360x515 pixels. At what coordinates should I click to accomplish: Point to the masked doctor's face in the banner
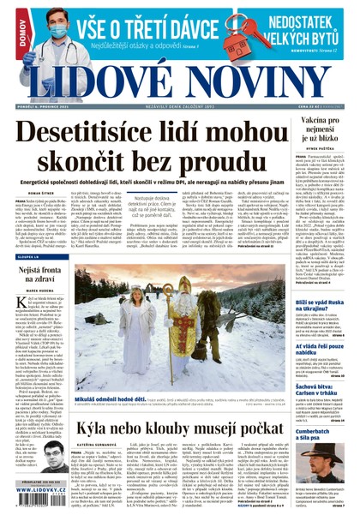pos(35,29)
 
